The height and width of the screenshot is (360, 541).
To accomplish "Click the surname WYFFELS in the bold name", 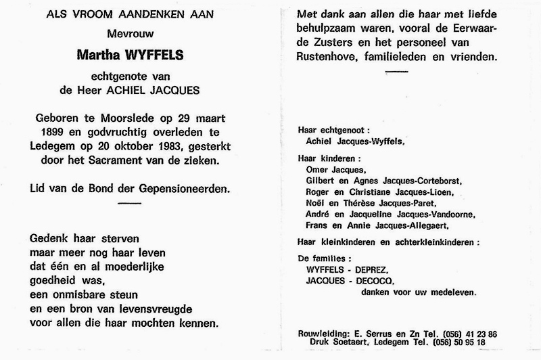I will point(158,72).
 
